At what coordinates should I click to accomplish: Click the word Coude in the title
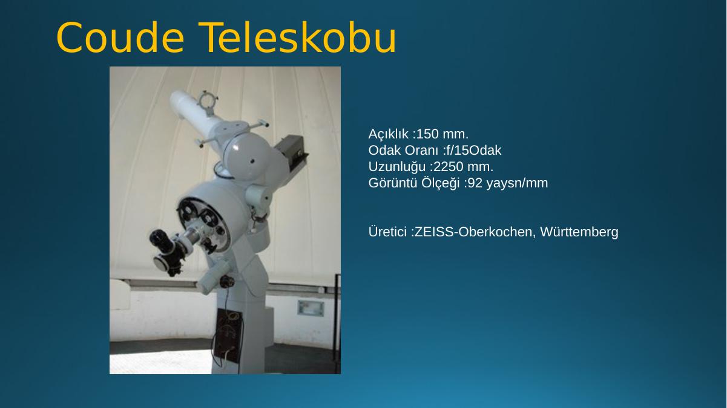tap(120, 37)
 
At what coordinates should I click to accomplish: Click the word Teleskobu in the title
tap(297, 37)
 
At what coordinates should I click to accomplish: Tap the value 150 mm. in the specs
tap(442, 134)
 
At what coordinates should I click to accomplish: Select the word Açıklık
tap(388, 134)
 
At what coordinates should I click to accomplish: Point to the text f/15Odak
tap(473, 151)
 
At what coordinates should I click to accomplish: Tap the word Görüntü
tap(393, 183)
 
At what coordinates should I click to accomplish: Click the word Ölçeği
tap(441, 184)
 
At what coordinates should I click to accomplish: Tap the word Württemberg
tap(579, 232)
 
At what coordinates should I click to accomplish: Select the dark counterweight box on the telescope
tap(291, 151)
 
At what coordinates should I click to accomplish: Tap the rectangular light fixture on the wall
tap(311, 308)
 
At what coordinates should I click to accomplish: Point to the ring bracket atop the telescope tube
tap(208, 100)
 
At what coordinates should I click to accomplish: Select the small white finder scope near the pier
tap(213, 277)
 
